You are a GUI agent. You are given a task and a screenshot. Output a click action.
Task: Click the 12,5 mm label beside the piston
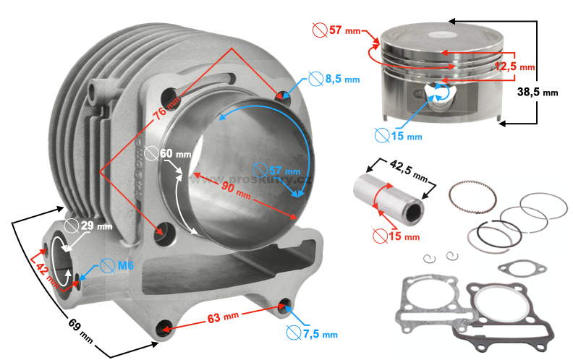[515, 67]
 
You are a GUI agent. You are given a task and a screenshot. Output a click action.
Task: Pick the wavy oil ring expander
[473, 195]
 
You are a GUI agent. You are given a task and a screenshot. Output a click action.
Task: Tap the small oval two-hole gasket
[522, 268]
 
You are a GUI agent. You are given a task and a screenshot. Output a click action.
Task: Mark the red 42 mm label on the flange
[43, 270]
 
